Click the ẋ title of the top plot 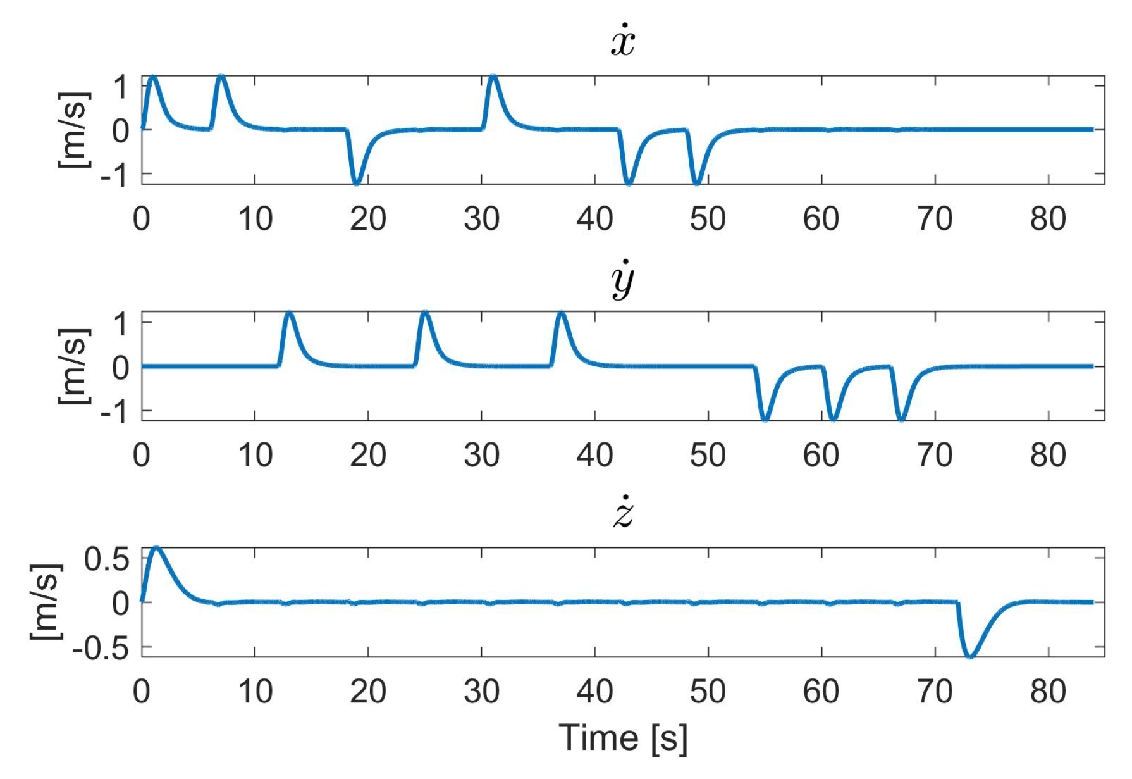pos(623,41)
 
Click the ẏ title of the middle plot pos(623,280)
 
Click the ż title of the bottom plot pos(623,513)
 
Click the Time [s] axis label pos(623,738)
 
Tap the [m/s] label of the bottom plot pos(46,602)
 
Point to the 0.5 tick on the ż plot pos(106,559)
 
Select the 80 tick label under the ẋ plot pos(1048,220)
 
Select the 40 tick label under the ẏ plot pos(594,456)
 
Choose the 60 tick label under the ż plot pos(821,692)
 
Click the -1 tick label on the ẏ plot pos(114,413)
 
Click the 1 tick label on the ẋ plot pos(120,87)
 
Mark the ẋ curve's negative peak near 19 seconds pos(357,183)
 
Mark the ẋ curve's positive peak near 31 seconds pos(493,77)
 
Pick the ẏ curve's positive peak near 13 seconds pos(289,313)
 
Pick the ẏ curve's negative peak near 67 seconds pos(901,419)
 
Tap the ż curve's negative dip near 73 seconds pos(969,656)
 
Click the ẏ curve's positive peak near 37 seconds pos(561,313)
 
